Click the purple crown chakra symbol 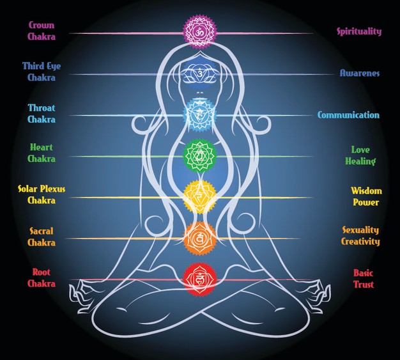[200, 32]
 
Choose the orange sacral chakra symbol [200, 238]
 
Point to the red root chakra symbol [200, 279]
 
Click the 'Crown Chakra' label [41, 31]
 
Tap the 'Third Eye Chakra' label [42, 72]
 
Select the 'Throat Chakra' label [41, 113]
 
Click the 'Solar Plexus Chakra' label [41, 194]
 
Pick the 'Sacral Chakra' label [41, 237]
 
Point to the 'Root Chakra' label [41, 278]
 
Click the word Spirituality [359, 31]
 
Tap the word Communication [348, 115]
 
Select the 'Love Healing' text [360, 155]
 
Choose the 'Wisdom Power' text [365, 196]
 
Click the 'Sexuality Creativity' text [360, 236]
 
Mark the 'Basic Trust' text [364, 278]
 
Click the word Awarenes [359, 74]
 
